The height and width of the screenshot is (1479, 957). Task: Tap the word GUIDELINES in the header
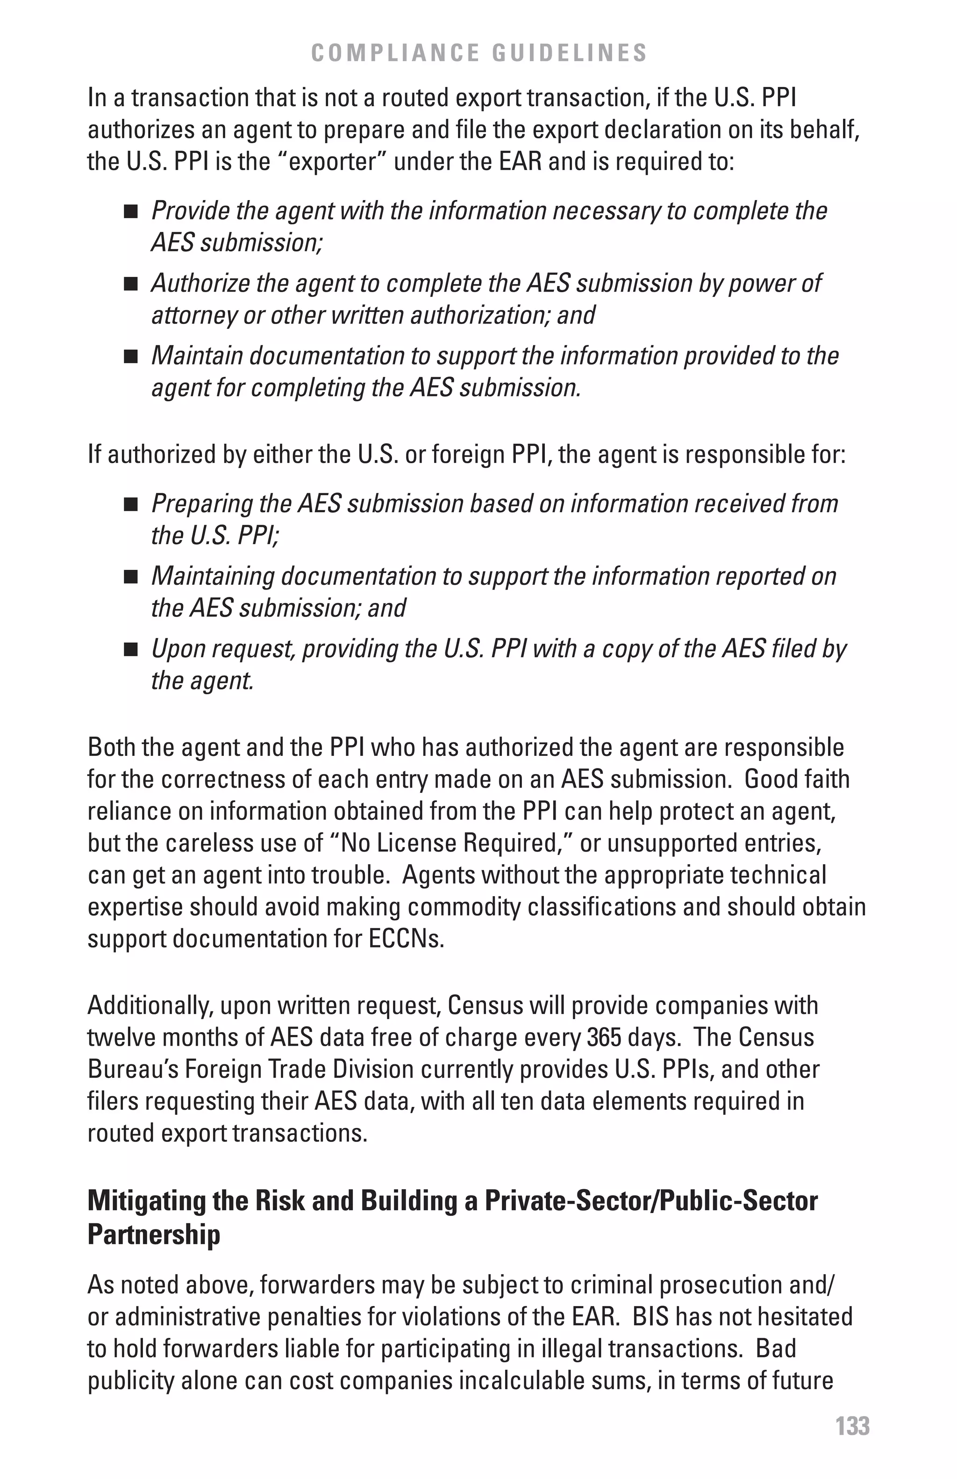(x=570, y=53)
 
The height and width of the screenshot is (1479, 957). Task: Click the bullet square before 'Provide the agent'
(x=130, y=212)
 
